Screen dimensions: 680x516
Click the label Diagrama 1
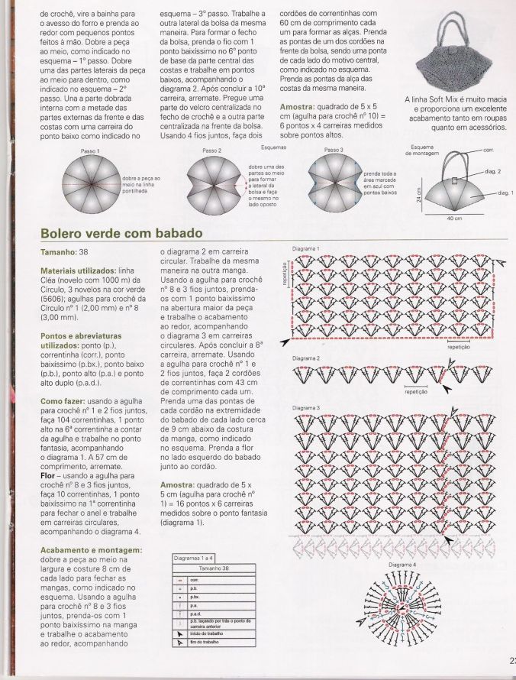tap(306, 249)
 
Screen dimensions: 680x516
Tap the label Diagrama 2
tap(306, 358)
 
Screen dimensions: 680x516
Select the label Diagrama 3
tap(306, 408)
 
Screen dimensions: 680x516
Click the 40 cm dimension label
tap(454, 219)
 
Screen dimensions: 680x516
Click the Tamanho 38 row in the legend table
tap(214, 569)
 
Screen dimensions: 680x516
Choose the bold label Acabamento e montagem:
tap(91, 549)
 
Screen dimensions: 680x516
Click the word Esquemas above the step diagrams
tap(252, 147)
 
